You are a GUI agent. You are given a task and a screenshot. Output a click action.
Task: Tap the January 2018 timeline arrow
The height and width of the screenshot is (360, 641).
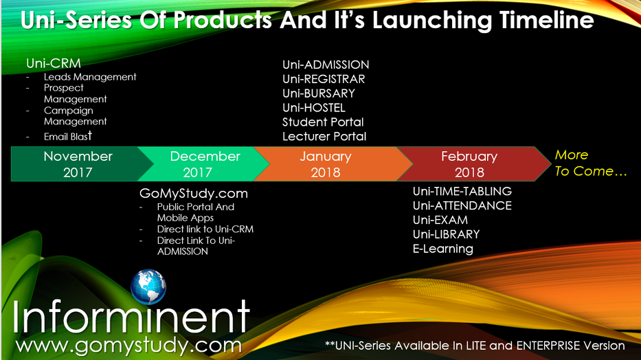point(327,164)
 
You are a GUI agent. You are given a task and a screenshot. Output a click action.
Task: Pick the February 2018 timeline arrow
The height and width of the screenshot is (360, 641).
point(470,164)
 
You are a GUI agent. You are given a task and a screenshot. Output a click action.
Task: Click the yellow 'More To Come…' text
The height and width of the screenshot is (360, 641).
point(591,163)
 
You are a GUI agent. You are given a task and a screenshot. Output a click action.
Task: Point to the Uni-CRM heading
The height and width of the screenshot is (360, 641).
point(54,63)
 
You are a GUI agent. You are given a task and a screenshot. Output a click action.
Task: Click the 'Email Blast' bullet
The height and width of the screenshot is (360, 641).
point(68,136)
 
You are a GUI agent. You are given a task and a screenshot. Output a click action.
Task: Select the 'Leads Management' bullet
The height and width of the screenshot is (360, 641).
point(90,77)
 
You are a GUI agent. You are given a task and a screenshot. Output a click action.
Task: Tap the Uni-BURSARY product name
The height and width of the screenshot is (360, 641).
point(319,93)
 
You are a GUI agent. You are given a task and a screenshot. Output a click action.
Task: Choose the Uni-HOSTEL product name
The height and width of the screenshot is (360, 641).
point(313,108)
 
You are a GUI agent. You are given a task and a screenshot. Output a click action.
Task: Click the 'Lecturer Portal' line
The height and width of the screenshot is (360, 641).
point(324,137)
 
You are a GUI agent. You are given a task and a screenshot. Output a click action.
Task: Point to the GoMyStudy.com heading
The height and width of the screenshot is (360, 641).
point(193,193)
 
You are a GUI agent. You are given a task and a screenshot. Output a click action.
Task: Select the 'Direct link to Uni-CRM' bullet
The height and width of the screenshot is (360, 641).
point(205,229)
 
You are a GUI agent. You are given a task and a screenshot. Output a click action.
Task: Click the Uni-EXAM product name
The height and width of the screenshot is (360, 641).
point(440,220)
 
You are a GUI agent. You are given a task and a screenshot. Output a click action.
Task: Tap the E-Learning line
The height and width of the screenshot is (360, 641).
point(442,249)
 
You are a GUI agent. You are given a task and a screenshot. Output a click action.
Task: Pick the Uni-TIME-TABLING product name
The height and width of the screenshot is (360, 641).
point(462,191)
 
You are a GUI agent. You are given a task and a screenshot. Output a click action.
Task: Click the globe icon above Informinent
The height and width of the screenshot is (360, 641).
point(148,286)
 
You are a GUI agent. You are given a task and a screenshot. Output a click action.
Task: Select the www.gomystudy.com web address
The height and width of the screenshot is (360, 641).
point(128,346)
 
